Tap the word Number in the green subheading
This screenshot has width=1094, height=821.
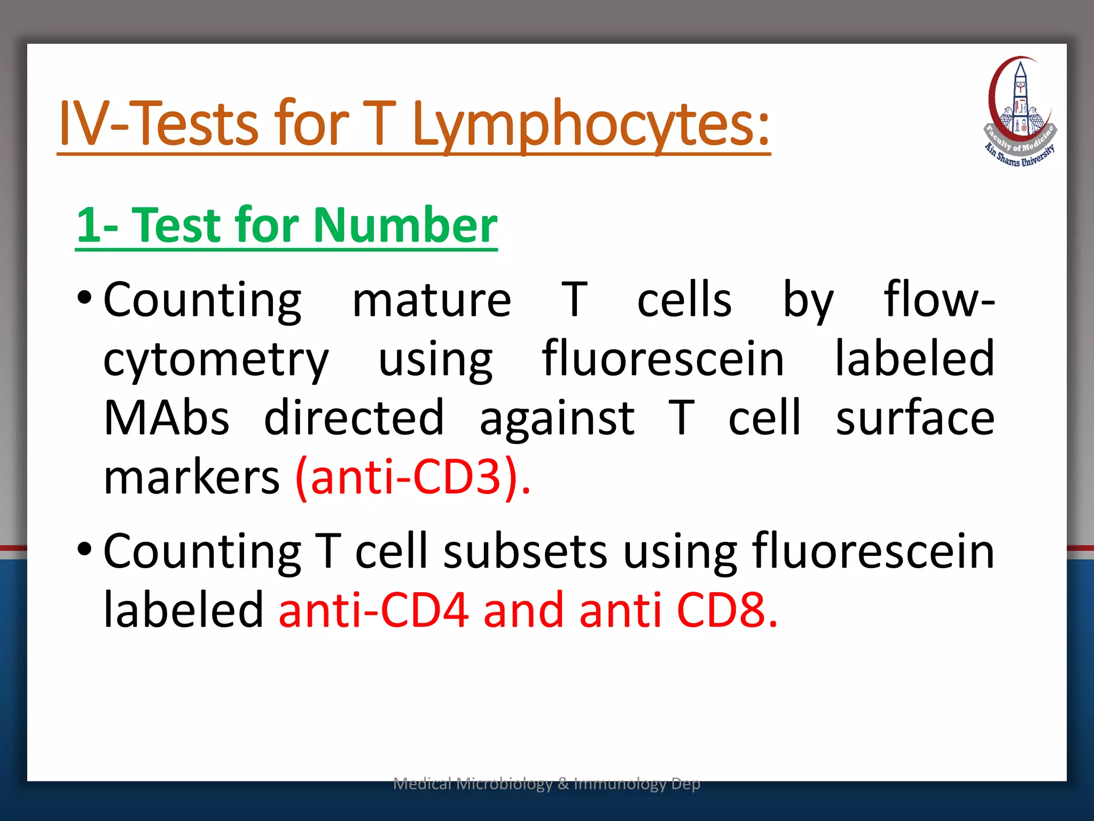(405, 225)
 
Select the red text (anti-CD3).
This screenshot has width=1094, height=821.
(413, 477)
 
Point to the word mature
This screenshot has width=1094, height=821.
(432, 300)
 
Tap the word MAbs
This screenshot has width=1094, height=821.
(167, 418)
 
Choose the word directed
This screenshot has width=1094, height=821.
(354, 418)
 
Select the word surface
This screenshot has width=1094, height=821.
(915, 418)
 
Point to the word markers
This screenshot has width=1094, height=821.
(191, 477)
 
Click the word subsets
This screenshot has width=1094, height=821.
(525, 552)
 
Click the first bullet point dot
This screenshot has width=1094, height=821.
(84, 298)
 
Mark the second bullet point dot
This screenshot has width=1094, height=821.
(84, 549)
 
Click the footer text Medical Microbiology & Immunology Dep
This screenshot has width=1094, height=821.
(546, 784)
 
